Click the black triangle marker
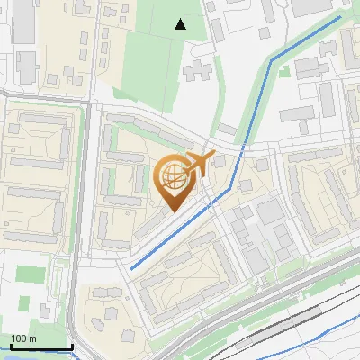click(181, 24)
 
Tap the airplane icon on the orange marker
click(197, 164)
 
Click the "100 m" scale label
click(24, 338)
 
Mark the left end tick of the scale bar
click(10, 346)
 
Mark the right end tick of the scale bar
click(72, 346)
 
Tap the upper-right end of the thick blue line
click(340, 16)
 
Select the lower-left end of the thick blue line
click(131, 268)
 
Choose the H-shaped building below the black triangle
click(200, 71)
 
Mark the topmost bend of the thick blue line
click(270, 61)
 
